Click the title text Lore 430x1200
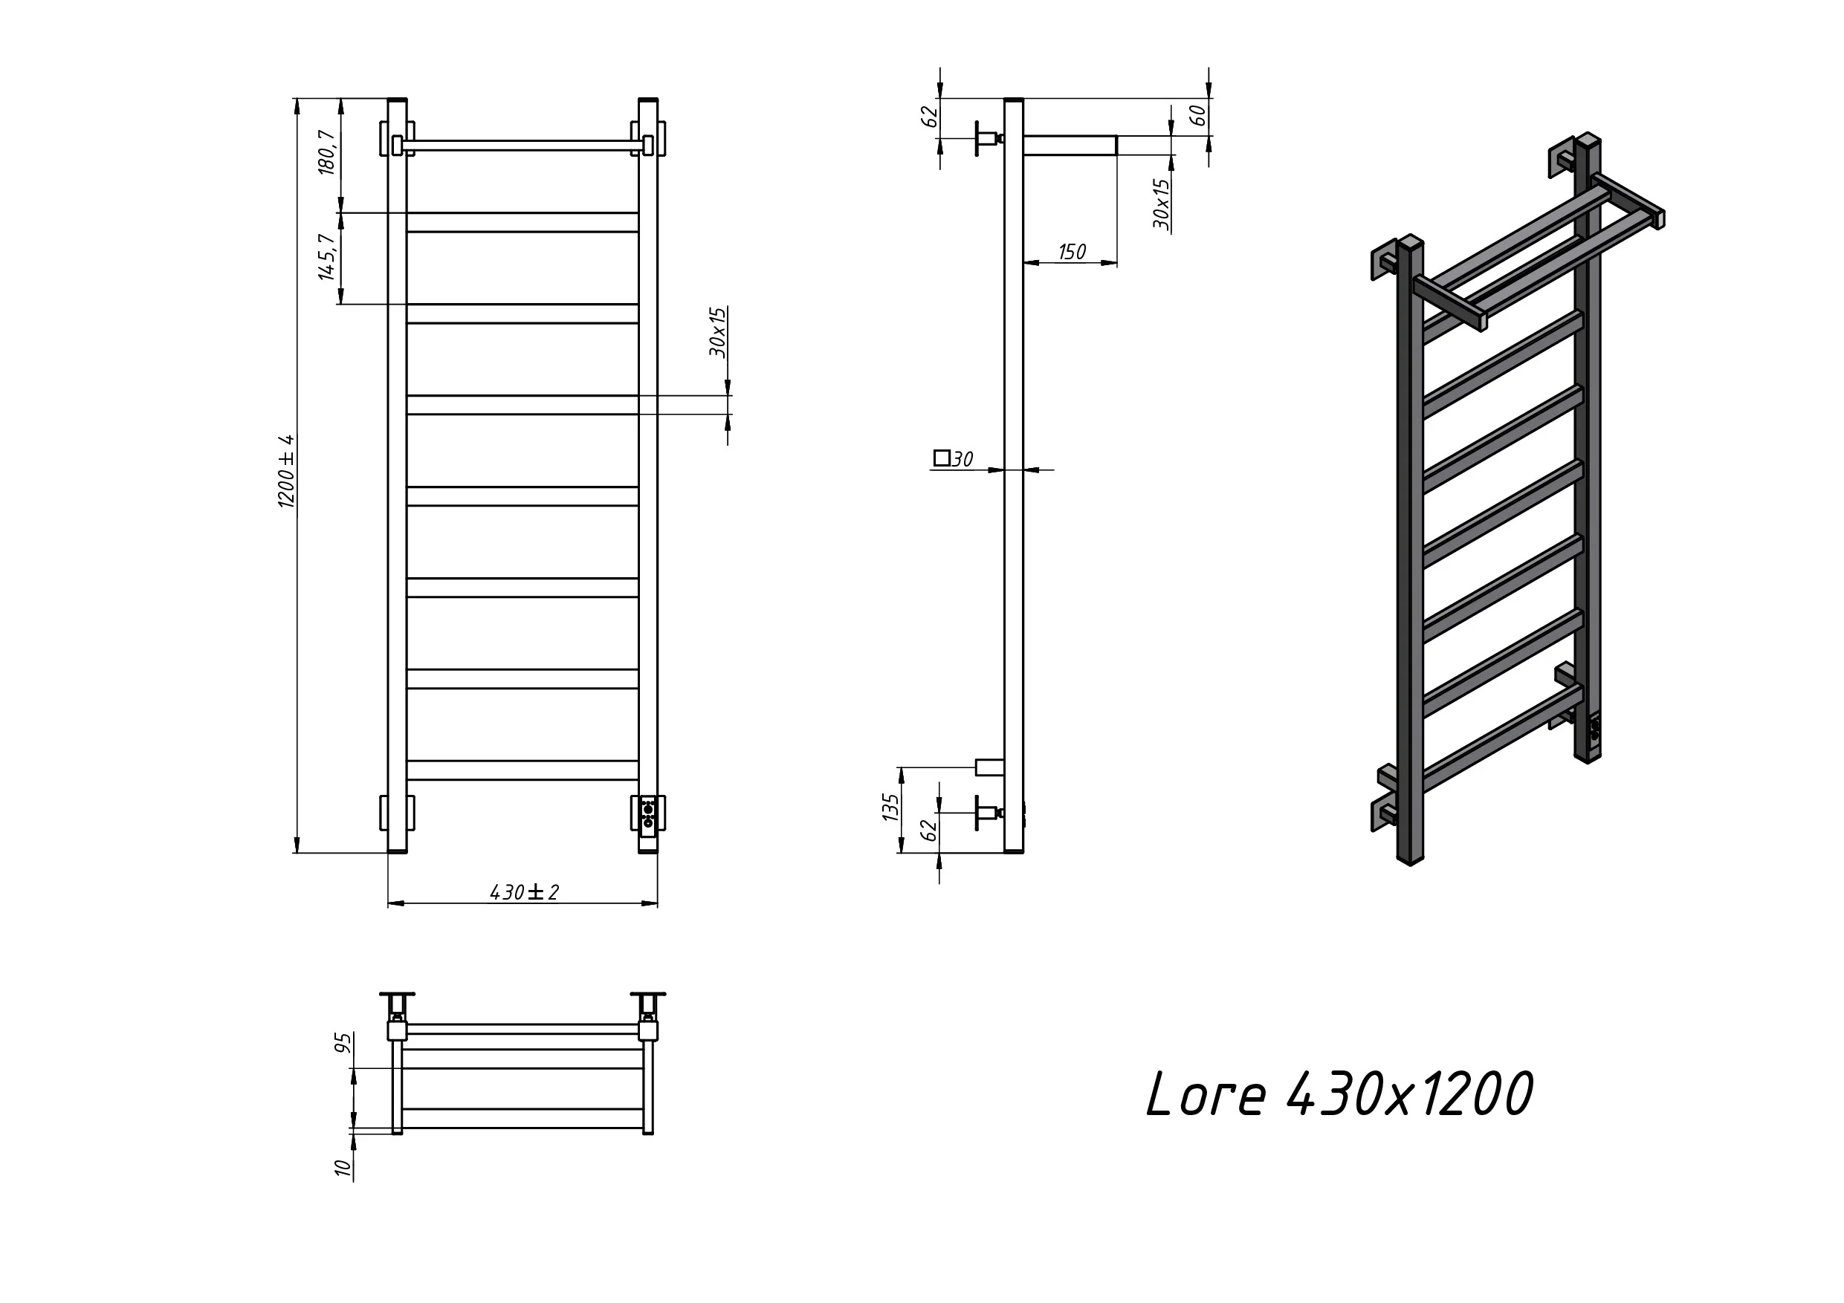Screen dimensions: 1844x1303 [1339, 1094]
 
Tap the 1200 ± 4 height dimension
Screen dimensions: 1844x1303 [287, 471]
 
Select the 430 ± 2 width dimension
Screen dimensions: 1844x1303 [524, 892]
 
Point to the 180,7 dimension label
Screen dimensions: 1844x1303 [326, 152]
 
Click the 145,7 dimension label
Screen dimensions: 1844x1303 [326, 257]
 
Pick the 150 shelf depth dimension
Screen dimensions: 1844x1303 [1073, 252]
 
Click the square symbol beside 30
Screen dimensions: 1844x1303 [942, 458]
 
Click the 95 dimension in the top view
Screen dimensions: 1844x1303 [343, 1043]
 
